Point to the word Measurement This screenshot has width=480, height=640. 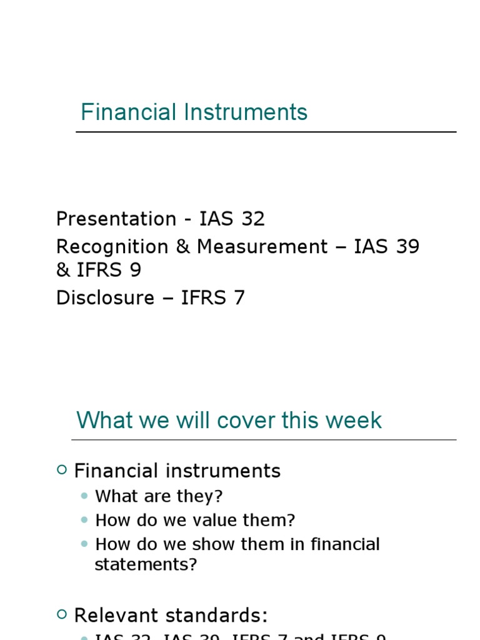(262, 247)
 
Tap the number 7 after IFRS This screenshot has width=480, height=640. (238, 298)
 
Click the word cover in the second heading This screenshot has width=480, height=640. (246, 420)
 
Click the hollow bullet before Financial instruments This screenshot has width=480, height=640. (61, 470)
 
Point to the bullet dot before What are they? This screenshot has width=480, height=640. (85, 497)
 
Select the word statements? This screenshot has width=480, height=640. (146, 564)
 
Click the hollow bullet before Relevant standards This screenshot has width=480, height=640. (61, 615)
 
